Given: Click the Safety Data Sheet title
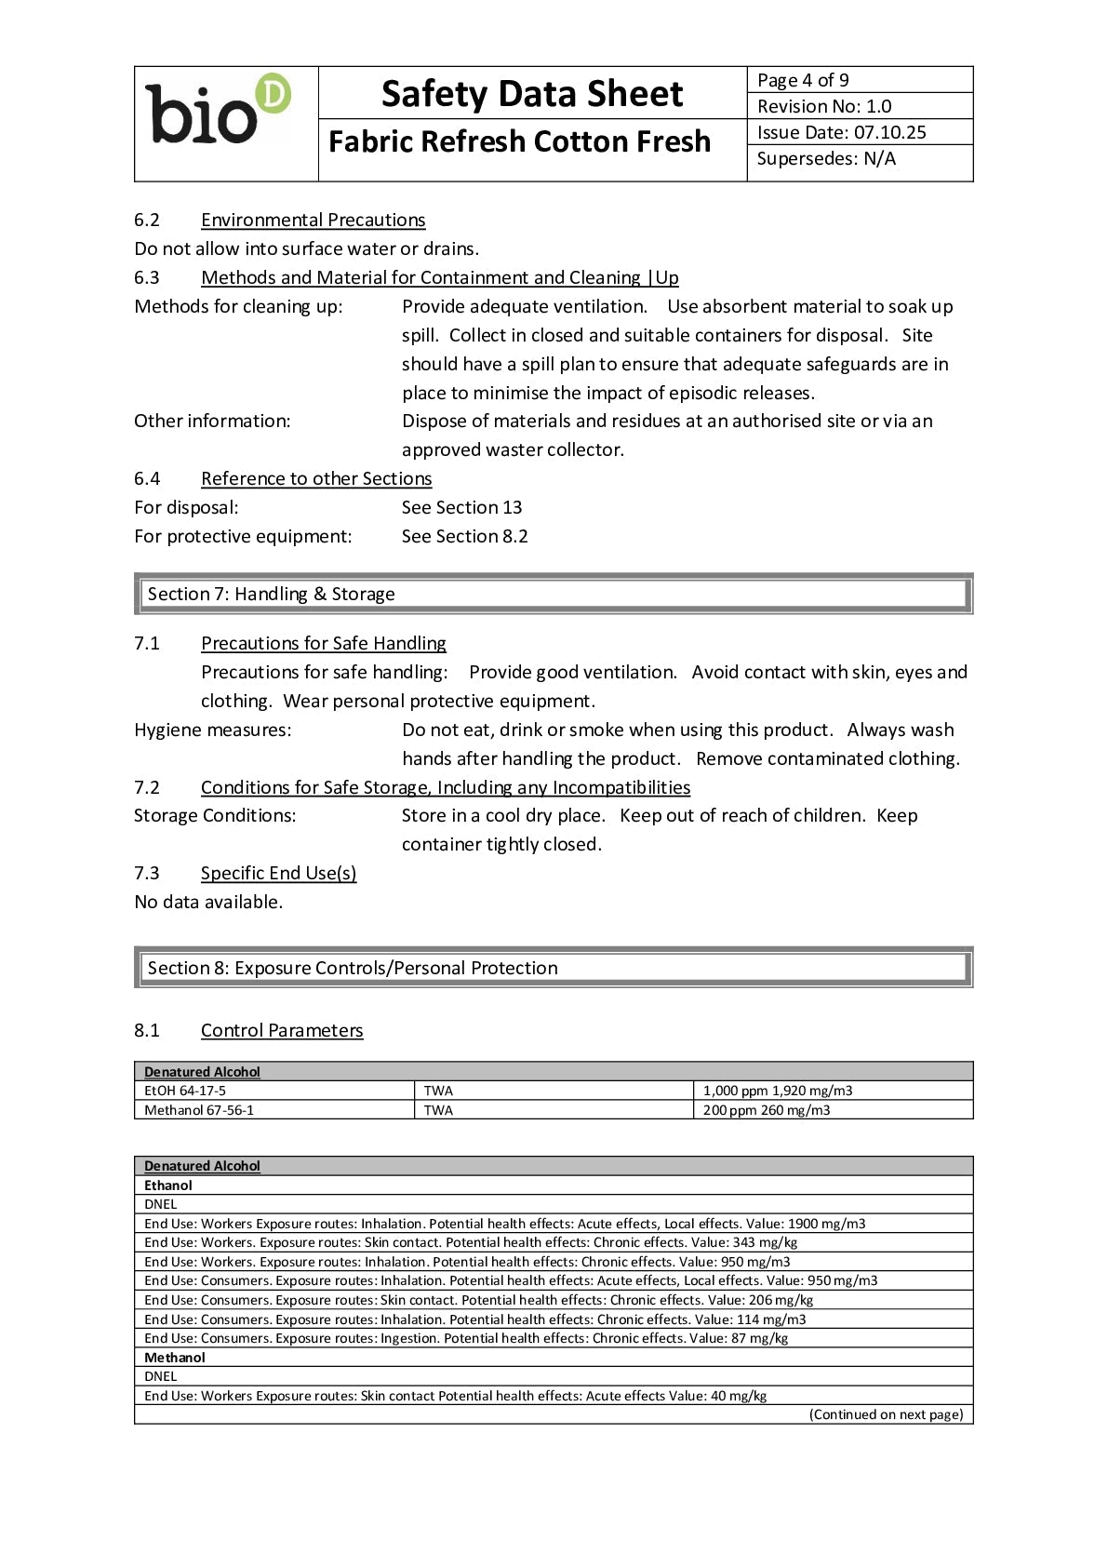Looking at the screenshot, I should tap(531, 94).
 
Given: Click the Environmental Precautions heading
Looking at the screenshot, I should tap(313, 221).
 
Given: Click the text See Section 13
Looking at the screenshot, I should tap(461, 507).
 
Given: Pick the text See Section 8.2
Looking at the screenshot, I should tap(464, 536).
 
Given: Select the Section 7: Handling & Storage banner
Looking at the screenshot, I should tap(553, 594).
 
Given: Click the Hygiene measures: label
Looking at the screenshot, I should tap(212, 730).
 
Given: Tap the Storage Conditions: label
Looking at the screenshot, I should tap(215, 815).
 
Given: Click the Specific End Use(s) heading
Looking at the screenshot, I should tap(278, 873).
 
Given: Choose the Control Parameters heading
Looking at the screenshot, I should tap(282, 1030).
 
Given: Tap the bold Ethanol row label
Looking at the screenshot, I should tap(168, 1185).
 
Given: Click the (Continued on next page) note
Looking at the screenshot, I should tap(886, 1414).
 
